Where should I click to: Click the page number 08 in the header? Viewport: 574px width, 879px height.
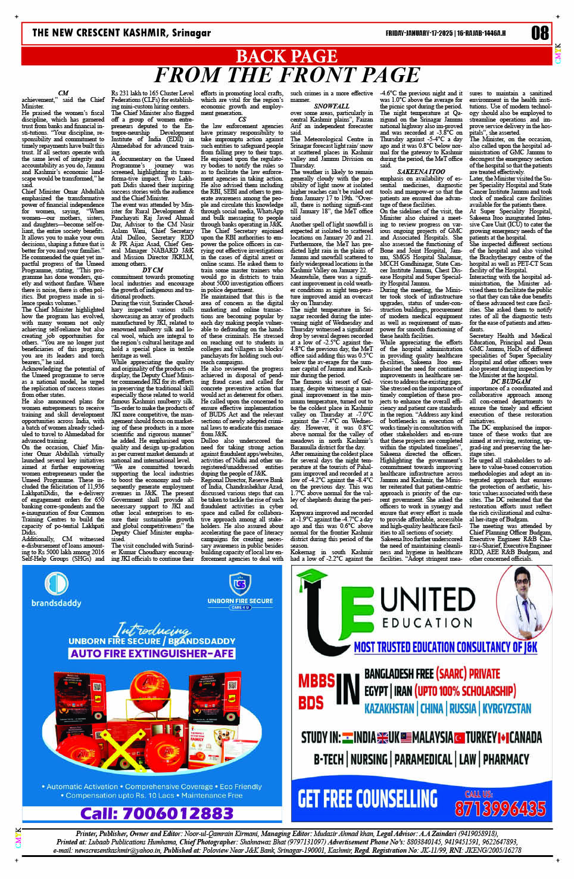tap(539, 33)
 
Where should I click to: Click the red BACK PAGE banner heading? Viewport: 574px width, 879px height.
tap(286, 56)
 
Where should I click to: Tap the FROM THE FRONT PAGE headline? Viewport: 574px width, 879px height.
tap(286, 75)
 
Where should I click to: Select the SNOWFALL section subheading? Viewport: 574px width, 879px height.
tap(332, 106)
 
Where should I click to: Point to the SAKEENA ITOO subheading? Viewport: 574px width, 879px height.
tap(420, 172)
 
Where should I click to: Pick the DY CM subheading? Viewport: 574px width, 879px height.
tap(152, 270)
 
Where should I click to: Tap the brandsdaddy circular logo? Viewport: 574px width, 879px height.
tap(57, 583)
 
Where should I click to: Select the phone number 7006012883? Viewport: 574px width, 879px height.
tap(157, 813)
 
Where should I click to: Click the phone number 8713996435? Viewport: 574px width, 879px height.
tap(500, 808)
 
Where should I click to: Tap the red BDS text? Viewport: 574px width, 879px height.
tap(311, 702)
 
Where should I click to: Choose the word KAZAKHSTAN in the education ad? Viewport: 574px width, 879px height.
tap(389, 709)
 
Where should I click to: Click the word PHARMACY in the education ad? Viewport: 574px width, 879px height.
tap(506, 759)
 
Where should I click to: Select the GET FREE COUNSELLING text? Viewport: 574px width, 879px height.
tap(367, 799)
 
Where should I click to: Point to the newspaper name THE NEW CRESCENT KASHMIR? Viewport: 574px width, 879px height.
tap(121, 33)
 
